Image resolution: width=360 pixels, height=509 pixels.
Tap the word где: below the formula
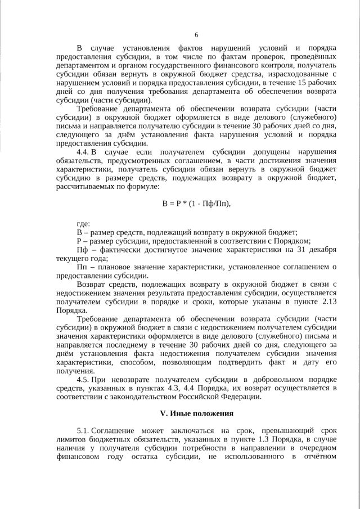83,224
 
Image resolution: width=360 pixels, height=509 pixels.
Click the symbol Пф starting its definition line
82,249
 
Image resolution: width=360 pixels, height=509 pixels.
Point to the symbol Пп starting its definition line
82,267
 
